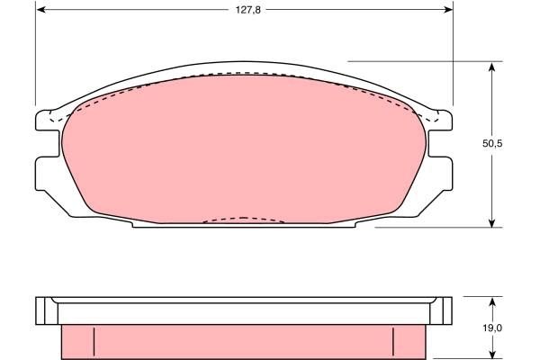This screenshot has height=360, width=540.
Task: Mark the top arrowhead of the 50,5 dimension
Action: point(492,66)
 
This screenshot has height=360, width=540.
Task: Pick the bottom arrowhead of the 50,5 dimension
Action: point(492,222)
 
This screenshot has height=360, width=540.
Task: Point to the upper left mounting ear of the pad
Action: point(45,118)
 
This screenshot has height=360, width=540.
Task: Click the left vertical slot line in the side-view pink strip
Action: point(94,339)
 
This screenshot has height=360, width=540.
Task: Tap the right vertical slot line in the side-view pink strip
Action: point(393,339)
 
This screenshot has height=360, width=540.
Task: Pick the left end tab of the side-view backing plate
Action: point(43,310)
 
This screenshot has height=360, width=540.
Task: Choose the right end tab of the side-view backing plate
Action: point(442,310)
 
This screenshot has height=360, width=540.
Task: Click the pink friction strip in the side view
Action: point(243,340)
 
